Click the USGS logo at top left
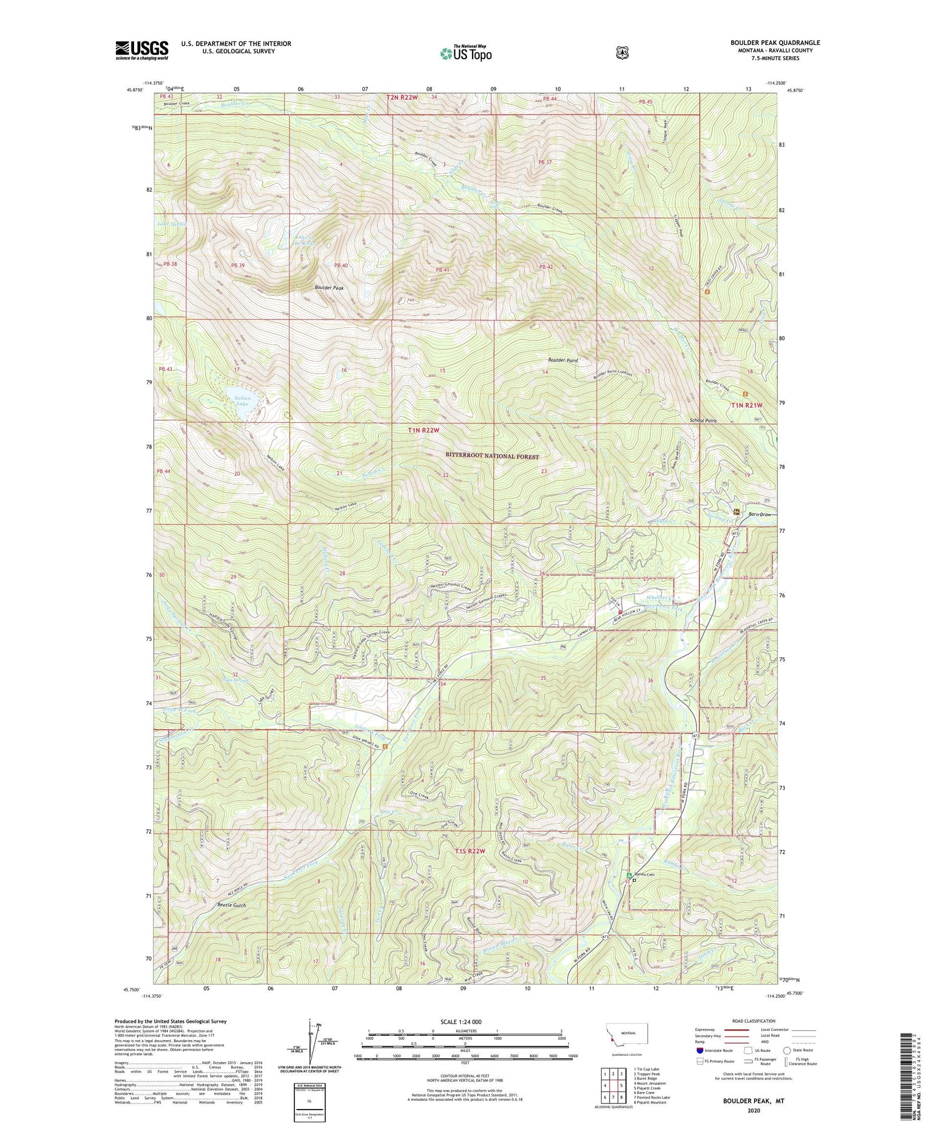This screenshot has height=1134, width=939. point(141,50)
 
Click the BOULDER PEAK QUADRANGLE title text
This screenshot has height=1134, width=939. point(766,43)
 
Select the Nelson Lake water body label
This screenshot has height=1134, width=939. point(242,401)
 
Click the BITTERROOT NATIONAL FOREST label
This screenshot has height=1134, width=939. point(492,457)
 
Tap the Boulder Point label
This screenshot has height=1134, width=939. point(563,360)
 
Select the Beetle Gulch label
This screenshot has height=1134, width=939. point(232,905)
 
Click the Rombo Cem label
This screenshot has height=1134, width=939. point(645,874)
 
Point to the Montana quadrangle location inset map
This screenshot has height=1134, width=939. point(627,1036)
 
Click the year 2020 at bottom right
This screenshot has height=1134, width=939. point(754,1111)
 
